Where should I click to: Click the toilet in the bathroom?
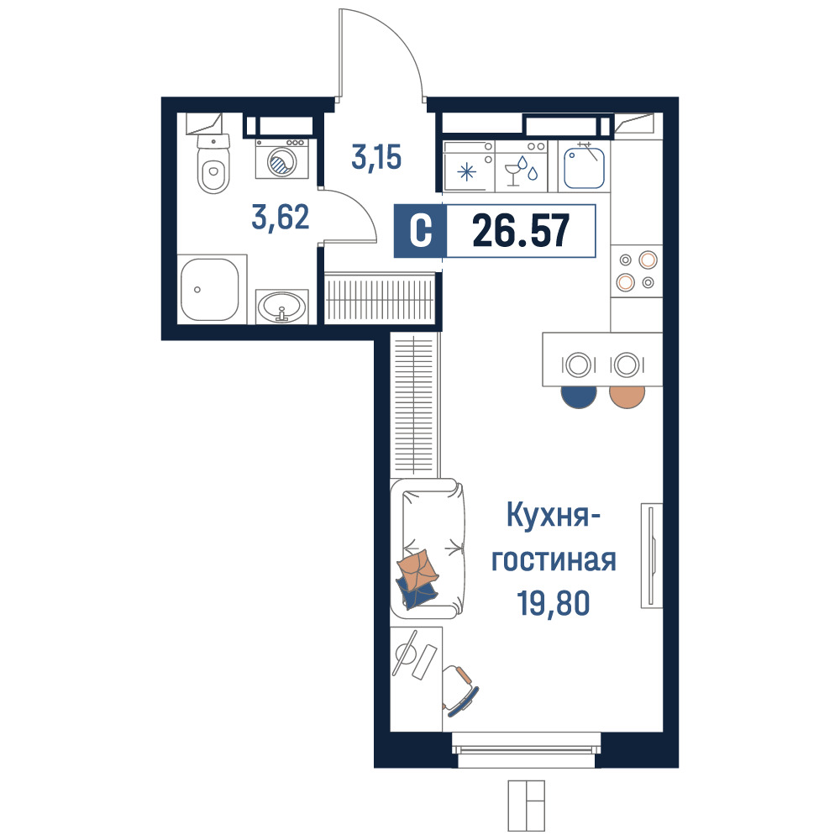[x=213, y=164]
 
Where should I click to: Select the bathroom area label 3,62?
[x=281, y=218]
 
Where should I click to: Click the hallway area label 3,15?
[x=376, y=158]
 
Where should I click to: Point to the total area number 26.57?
[x=521, y=231]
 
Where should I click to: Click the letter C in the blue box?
[x=421, y=231]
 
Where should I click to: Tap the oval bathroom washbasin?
[x=281, y=307]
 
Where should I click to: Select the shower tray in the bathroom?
[x=209, y=290]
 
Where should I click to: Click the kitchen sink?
[x=584, y=166]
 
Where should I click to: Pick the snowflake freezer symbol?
[x=466, y=172]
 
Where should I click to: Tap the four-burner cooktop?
[x=637, y=271]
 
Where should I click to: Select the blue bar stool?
[x=579, y=396]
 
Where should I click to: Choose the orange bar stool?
[x=627, y=396]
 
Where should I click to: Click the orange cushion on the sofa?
[x=417, y=570]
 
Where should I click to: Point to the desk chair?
[x=460, y=690]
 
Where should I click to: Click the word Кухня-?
[x=554, y=516]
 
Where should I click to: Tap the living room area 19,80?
[x=554, y=603]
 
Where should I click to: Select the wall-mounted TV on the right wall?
[x=652, y=555]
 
